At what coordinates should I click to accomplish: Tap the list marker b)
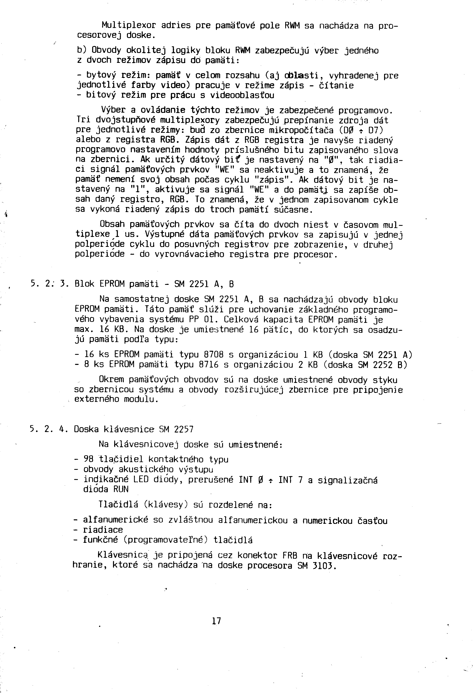coord(82,50)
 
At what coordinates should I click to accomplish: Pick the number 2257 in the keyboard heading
coord(184,429)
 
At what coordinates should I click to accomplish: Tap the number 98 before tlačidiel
coord(89,460)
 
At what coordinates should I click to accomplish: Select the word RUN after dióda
coord(121,489)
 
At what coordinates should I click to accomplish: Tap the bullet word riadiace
coord(103,530)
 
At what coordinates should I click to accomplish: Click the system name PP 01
coord(201,320)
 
